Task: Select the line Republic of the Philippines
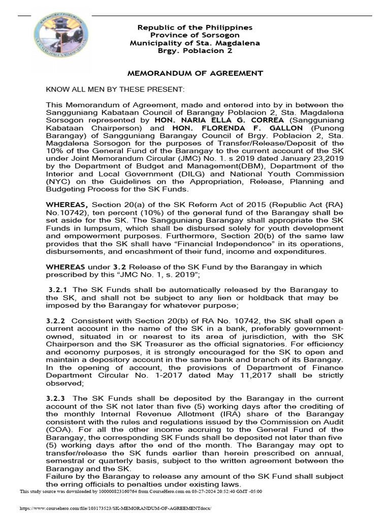coord(196,27)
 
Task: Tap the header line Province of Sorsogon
coord(196,35)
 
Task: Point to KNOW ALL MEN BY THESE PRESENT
coord(115,90)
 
